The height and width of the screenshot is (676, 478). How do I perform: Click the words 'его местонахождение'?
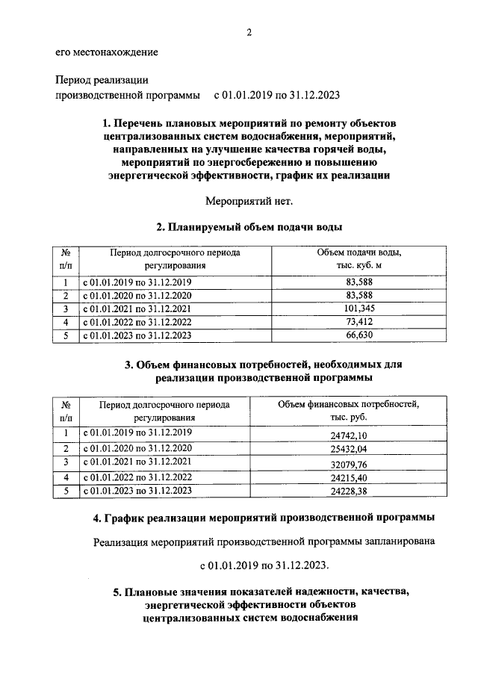pyautogui.click(x=107, y=52)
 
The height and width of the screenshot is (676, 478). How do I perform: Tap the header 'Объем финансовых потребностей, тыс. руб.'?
pyautogui.click(x=348, y=411)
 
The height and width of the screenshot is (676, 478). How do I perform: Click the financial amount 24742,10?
pyautogui.click(x=348, y=435)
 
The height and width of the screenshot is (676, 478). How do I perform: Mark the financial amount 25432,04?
pyautogui.click(x=348, y=450)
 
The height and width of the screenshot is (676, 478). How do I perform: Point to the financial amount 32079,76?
pyautogui.click(x=348, y=464)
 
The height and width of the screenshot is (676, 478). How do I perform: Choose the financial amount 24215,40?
pyautogui.click(x=348, y=478)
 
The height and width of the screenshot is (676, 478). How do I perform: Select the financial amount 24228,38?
pyautogui.click(x=348, y=492)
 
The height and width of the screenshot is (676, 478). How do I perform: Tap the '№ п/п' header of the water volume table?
pyautogui.click(x=66, y=259)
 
